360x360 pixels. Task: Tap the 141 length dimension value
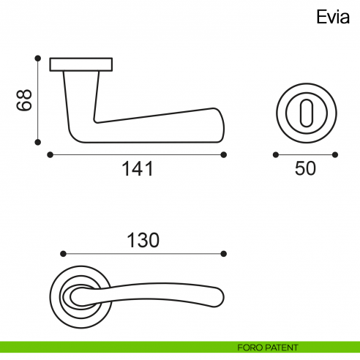coord(137,170)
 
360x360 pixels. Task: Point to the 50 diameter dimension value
coord(305,169)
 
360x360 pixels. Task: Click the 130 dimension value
coord(143,239)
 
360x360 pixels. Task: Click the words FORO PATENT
coord(268,347)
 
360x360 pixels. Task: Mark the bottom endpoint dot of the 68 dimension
coord(37,142)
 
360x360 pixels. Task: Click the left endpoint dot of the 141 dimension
coord(49,154)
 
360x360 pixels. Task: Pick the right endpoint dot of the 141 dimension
coord(224,154)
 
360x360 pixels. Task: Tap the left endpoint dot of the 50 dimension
coord(275,154)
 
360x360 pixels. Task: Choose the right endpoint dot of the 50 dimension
coord(334,154)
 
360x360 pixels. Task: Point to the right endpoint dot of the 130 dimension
coord(224,254)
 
